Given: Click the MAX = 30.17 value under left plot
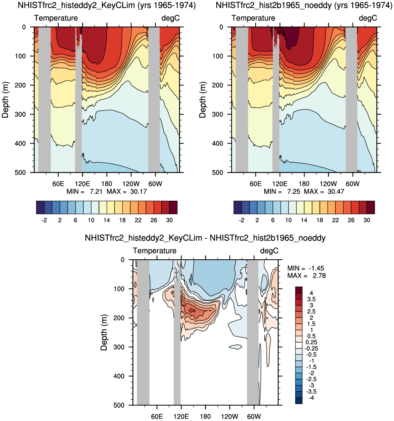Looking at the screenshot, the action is [x=126, y=192].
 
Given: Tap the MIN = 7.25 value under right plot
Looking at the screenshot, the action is [x=282, y=192].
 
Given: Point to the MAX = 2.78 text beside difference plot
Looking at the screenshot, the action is [x=306, y=276].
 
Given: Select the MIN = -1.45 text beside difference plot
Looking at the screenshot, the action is [x=306, y=268].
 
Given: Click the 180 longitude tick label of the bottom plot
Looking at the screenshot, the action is [x=205, y=416].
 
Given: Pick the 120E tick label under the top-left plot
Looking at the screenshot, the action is [x=82, y=184].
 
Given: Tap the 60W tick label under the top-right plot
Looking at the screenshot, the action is [x=353, y=184].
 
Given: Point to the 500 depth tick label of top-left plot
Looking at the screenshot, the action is [x=21, y=173].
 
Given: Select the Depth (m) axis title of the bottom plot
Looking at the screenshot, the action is [x=104, y=332].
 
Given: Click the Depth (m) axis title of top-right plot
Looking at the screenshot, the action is [x=202, y=100].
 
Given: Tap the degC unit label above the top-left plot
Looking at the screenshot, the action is [x=170, y=18].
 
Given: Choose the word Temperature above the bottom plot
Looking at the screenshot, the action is [x=155, y=251].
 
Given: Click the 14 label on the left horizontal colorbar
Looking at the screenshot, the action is [x=107, y=220].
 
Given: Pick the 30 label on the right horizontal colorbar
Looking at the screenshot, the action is [x=367, y=220].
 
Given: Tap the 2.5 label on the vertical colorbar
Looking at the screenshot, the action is [x=311, y=312].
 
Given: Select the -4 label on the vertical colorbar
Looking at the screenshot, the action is [x=311, y=398].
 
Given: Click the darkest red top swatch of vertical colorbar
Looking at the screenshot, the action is [x=299, y=290].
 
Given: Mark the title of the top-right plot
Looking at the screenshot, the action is [x=304, y=5].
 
